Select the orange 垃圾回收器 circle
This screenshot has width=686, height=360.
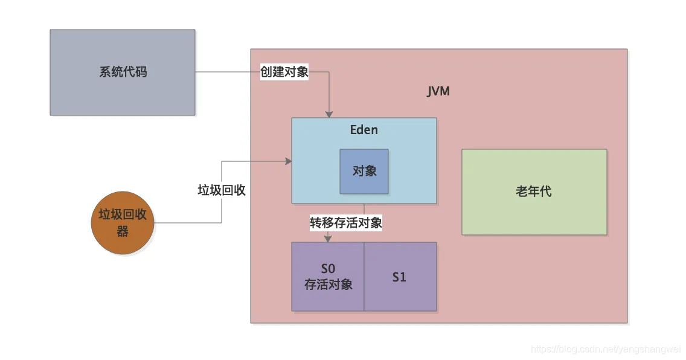123,222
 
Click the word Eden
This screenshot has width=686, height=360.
364,130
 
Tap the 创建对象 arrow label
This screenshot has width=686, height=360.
284,72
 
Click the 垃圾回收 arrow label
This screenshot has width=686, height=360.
222,190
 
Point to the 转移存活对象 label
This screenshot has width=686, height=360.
346,223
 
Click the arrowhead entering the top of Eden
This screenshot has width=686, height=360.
329,114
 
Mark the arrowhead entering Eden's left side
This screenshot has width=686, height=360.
289,161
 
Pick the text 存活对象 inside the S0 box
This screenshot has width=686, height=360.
329,284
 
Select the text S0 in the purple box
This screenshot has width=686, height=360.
328,269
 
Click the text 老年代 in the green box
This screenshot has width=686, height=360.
534,192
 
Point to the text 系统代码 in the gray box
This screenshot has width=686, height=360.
123,72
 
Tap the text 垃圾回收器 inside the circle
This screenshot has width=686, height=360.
123,222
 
